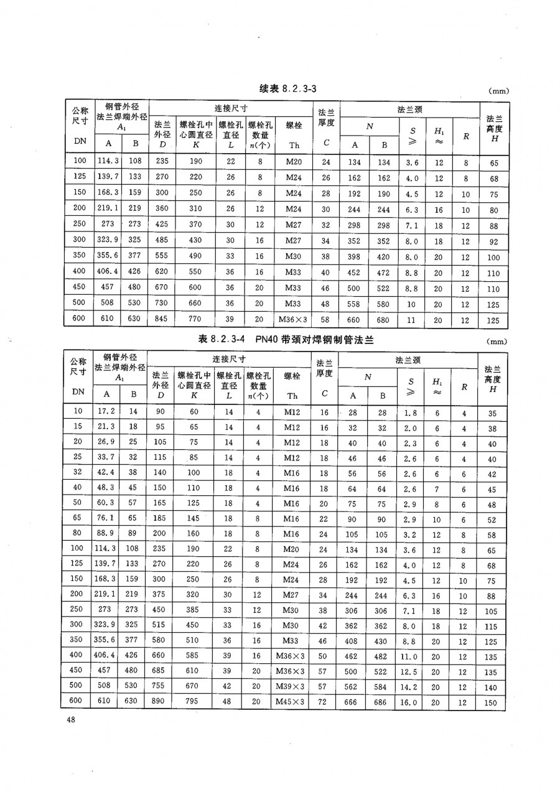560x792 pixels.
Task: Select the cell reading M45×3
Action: pos(290,702)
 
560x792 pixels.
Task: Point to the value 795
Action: pos(194,702)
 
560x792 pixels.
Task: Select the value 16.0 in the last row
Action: pos(410,702)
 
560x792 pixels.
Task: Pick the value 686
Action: pos(382,702)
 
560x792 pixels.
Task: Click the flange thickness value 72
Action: pos(323,702)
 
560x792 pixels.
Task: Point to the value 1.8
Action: pos(410,412)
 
